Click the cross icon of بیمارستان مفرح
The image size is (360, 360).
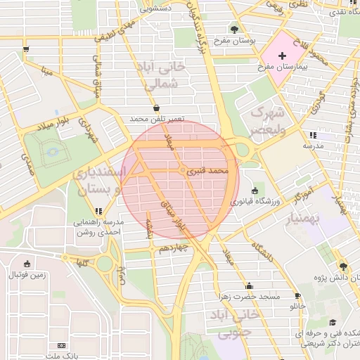click(283, 56)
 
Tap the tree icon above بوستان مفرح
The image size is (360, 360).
click(233, 29)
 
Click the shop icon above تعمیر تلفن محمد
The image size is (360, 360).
click(155, 108)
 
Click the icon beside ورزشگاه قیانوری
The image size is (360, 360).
click(253, 191)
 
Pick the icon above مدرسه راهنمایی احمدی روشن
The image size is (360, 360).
click(99, 210)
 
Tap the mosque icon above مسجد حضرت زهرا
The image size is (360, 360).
click(249, 285)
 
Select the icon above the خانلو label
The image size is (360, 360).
click(297, 296)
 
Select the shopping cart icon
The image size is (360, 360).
click(26, 49)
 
